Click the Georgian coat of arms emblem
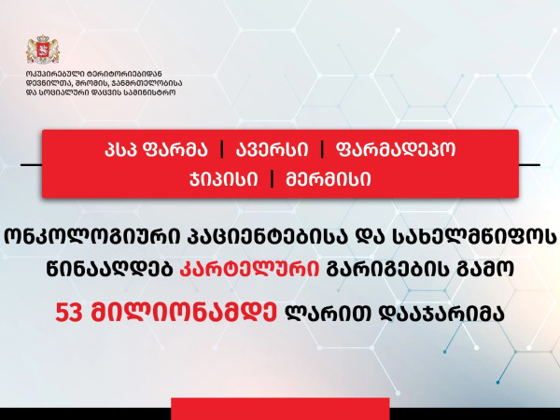click(x=43, y=49)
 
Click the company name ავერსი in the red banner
click(x=272, y=149)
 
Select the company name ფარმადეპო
click(x=396, y=149)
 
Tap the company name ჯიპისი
click(x=223, y=179)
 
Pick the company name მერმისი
click(x=329, y=179)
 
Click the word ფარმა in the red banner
click(x=175, y=149)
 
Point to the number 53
click(x=69, y=313)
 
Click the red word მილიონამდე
click(x=184, y=313)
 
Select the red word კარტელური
click(x=249, y=270)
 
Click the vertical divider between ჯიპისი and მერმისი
click(x=273, y=179)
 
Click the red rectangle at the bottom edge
click(x=280, y=409)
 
